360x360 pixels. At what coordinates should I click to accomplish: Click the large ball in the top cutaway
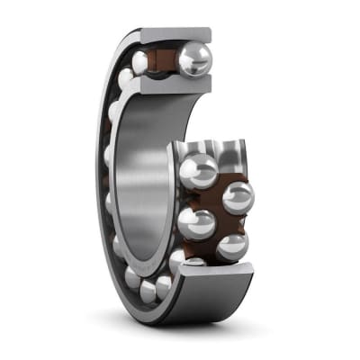(x=193, y=59)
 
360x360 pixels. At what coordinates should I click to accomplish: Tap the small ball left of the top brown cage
(x=140, y=61)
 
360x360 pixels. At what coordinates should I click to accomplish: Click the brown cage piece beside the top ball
(x=166, y=60)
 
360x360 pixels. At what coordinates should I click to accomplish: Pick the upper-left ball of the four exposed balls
(x=199, y=170)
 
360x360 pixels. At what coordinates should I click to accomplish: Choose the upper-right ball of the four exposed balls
(x=237, y=197)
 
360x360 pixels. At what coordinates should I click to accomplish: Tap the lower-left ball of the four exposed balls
(x=197, y=222)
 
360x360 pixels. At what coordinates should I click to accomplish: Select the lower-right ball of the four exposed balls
(x=231, y=247)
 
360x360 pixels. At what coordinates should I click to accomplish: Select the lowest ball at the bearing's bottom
(x=148, y=290)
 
